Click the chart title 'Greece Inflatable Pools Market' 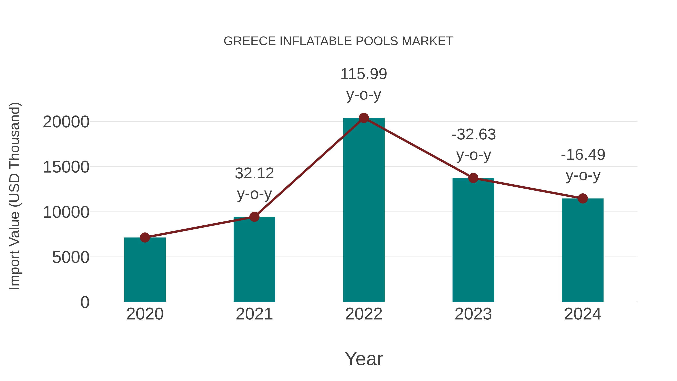pyautogui.click(x=338, y=41)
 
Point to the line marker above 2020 pyautogui.click(x=145, y=237)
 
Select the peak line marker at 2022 pyautogui.click(x=364, y=118)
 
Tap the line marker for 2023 pyautogui.click(x=473, y=178)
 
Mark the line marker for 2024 pyautogui.click(x=583, y=198)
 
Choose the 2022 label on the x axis pyautogui.click(x=364, y=314)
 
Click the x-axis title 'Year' pyautogui.click(x=364, y=359)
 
